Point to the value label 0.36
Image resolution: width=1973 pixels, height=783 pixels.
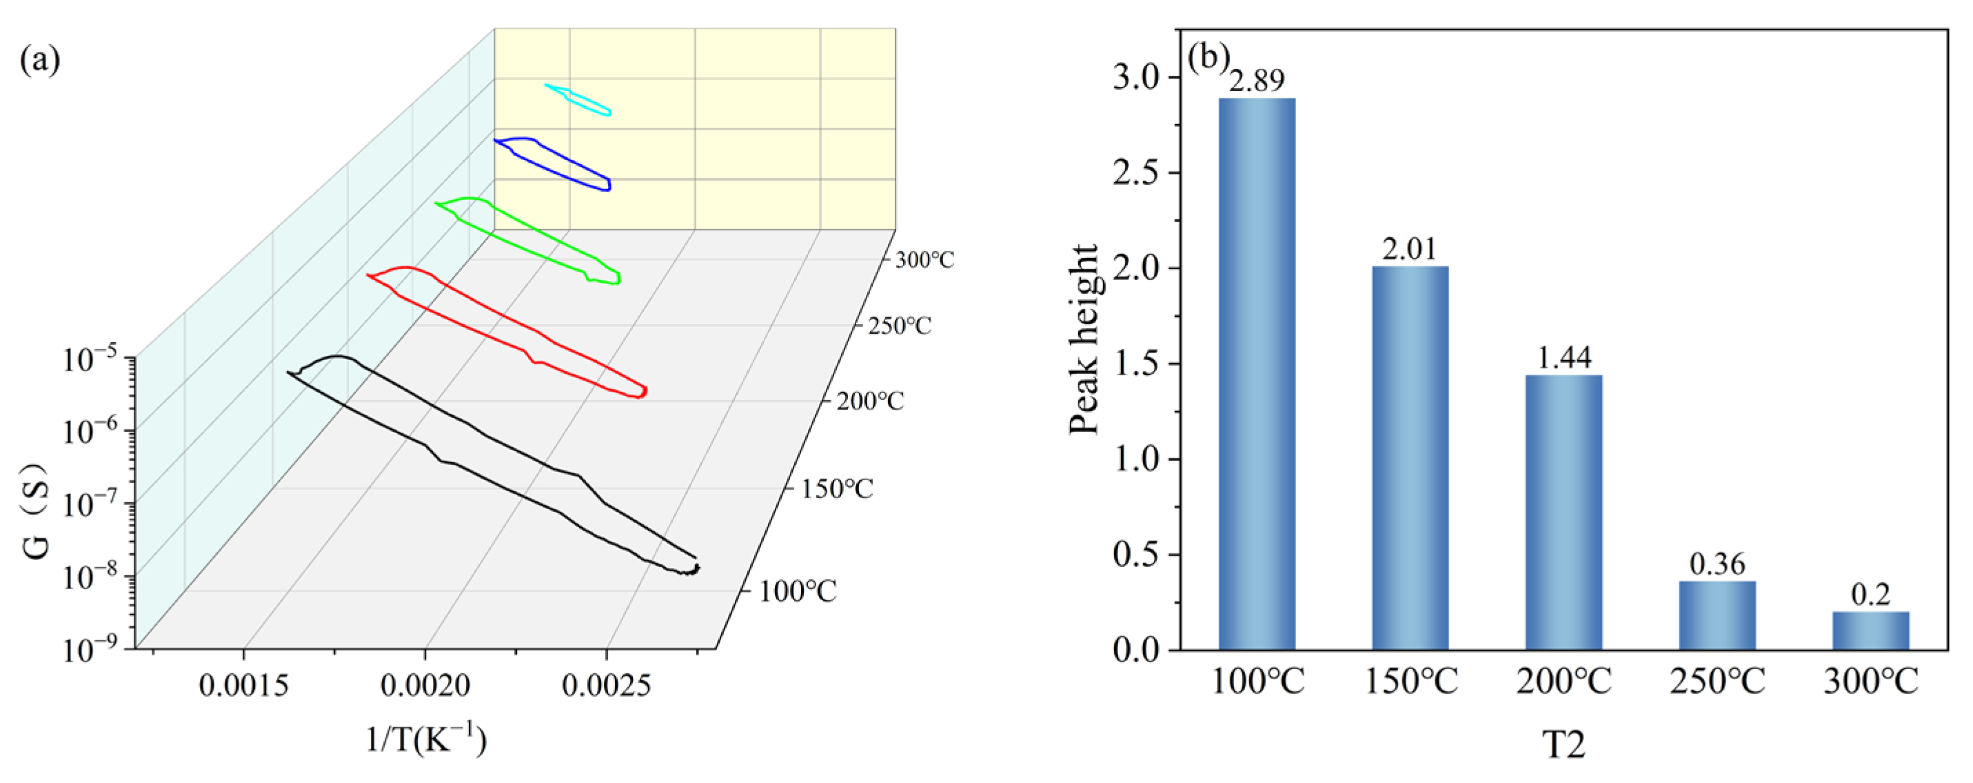(x=1717, y=564)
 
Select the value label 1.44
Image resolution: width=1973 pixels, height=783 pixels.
(x=1564, y=358)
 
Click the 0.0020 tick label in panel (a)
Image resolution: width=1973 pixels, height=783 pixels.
(x=425, y=685)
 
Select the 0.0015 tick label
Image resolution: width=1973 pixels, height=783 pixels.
(x=243, y=685)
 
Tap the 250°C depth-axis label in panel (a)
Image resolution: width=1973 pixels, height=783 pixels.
(x=899, y=326)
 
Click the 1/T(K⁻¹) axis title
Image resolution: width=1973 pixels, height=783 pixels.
(x=426, y=741)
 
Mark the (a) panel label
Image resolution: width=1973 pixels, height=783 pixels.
(x=40, y=60)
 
